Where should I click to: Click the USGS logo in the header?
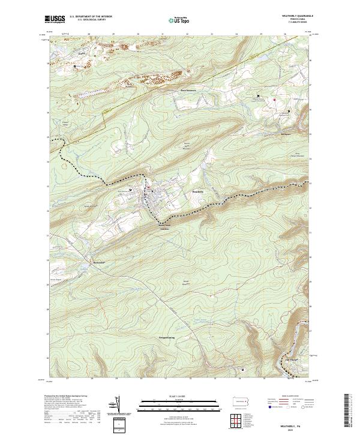[55, 19]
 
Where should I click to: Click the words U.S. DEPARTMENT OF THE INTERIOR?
[91, 16]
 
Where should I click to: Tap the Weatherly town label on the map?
[198, 191]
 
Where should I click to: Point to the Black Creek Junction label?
[164, 227]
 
